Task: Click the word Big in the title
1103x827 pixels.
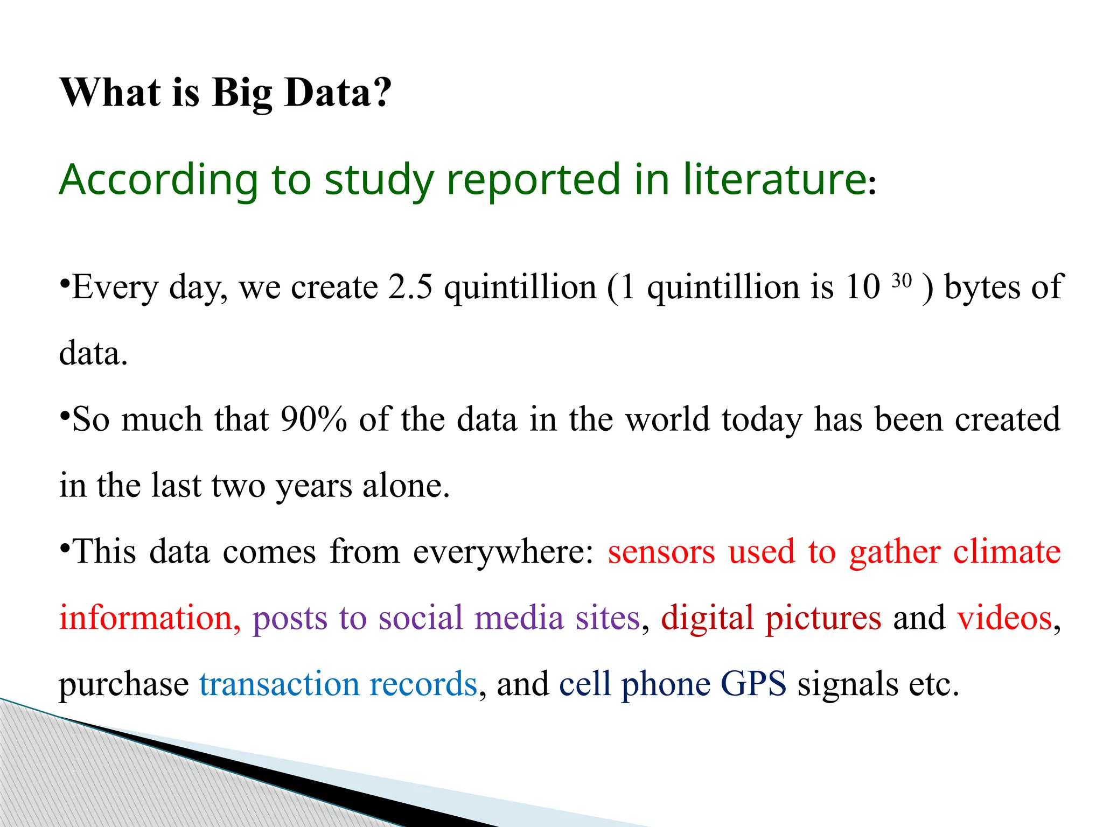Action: [x=242, y=93]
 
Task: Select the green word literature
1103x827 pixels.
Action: [x=774, y=179]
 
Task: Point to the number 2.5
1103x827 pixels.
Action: [x=410, y=287]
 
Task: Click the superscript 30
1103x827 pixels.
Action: [x=902, y=281]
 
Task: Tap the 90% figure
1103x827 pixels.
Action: [x=313, y=419]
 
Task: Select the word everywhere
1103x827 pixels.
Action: [x=503, y=552]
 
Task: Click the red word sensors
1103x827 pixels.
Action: [x=661, y=552]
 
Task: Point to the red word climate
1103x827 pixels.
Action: [x=1007, y=552]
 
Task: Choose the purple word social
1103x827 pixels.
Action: [x=420, y=618]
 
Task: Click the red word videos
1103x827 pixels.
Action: [x=1004, y=618]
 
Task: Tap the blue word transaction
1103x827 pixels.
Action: [x=278, y=684]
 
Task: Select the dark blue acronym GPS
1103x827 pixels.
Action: [x=753, y=684]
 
